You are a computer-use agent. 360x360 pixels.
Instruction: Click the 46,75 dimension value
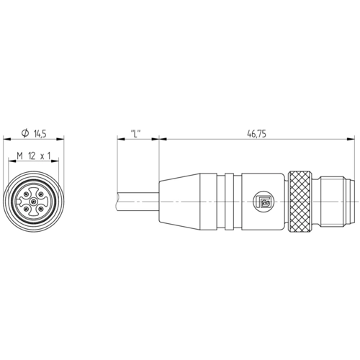coord(256,134)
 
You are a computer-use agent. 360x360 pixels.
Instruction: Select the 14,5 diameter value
coord(40,134)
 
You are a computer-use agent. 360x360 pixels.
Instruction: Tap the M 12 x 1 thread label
coord(34,156)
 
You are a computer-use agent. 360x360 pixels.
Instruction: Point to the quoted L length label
coord(135,134)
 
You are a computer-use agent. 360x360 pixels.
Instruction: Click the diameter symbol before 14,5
coord(25,133)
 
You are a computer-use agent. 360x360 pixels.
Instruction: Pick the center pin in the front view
coord(33,201)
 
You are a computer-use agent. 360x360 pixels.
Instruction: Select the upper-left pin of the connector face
coord(27,194)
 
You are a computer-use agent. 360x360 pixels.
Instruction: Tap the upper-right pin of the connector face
coord(40,194)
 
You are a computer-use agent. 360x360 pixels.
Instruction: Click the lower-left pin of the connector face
coord(27,208)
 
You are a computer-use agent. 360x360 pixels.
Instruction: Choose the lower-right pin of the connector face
coord(40,208)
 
